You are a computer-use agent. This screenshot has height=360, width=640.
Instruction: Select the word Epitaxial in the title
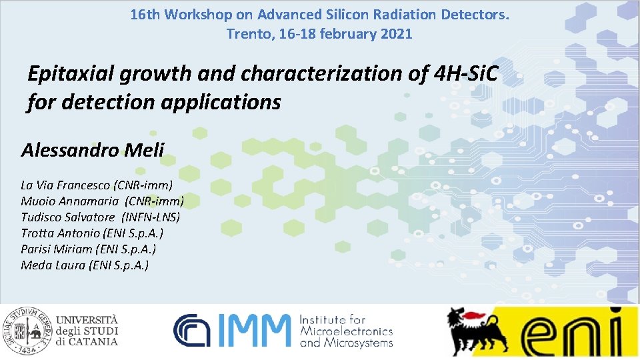(72, 75)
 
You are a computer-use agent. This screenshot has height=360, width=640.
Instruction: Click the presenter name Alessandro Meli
(92, 150)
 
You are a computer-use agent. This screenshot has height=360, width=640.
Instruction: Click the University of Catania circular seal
(26, 330)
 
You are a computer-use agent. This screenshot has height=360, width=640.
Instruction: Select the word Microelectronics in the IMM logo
(346, 331)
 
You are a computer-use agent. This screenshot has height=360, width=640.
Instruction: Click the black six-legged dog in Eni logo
(475, 329)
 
